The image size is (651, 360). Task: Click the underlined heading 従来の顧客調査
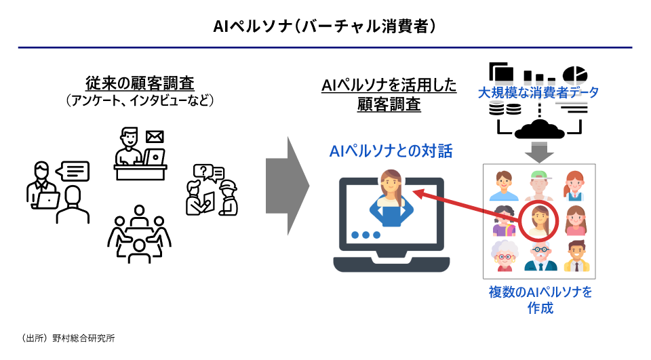click(x=140, y=83)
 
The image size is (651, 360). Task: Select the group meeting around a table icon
click(x=139, y=235)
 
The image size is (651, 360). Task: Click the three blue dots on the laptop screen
click(x=366, y=235)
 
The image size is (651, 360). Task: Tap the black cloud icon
click(x=540, y=127)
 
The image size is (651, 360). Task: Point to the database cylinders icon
click(x=505, y=108)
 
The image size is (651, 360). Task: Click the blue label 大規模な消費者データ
click(x=538, y=92)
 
